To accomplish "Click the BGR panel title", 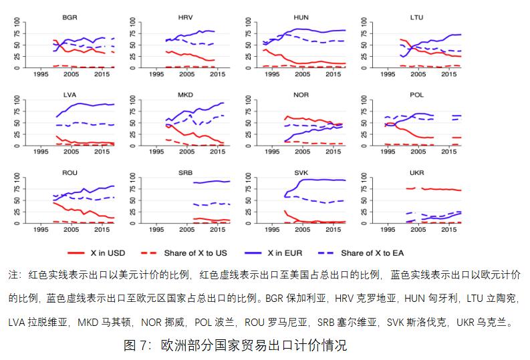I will tap(68, 17).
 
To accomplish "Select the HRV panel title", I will tap(186, 17).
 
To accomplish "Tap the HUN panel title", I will tap(301, 17).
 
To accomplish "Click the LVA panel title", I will tap(68, 94).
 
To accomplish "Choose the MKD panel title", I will tap(186, 94).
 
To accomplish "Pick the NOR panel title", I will tap(301, 94).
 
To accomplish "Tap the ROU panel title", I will tap(68, 172).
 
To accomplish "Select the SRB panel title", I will tap(186, 172).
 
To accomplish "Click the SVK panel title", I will tap(301, 172).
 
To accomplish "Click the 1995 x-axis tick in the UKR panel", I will tap(388, 230).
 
